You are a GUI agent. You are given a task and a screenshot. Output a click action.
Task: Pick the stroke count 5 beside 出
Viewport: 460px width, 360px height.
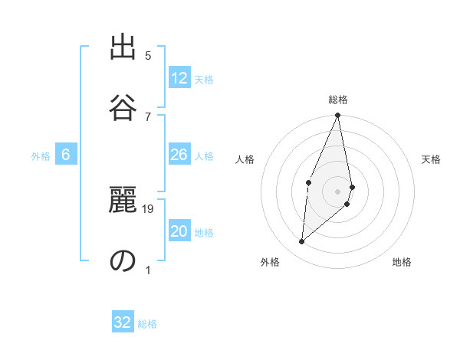(148, 56)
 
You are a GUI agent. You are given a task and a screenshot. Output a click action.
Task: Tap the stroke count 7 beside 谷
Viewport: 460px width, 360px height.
(148, 116)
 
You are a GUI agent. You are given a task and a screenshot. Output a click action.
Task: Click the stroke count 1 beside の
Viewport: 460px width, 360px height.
(148, 270)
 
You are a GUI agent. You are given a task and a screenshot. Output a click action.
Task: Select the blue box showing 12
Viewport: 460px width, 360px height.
(179, 78)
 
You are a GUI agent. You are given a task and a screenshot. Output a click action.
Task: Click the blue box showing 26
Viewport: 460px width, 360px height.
(179, 155)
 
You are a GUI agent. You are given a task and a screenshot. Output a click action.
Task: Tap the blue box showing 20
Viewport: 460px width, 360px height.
(179, 232)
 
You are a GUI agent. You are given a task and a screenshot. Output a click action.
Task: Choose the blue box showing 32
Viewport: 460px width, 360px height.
(123, 322)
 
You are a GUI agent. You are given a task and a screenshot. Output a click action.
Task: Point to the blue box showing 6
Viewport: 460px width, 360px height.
(66, 155)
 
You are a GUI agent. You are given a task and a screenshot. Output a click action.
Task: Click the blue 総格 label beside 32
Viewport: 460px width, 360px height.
(147, 324)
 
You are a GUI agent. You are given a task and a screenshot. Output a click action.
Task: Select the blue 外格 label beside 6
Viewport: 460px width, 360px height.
(41, 156)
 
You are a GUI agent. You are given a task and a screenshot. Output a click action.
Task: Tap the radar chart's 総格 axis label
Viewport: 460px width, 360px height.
(338, 100)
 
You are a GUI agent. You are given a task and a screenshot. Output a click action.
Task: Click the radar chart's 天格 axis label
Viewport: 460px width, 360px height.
(431, 159)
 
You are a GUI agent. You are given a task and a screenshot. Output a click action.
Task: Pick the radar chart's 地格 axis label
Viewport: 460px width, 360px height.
(402, 262)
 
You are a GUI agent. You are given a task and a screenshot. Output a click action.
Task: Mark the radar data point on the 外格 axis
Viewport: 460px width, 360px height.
(302, 242)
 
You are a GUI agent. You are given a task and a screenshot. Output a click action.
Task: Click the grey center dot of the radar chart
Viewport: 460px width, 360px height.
(338, 191)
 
